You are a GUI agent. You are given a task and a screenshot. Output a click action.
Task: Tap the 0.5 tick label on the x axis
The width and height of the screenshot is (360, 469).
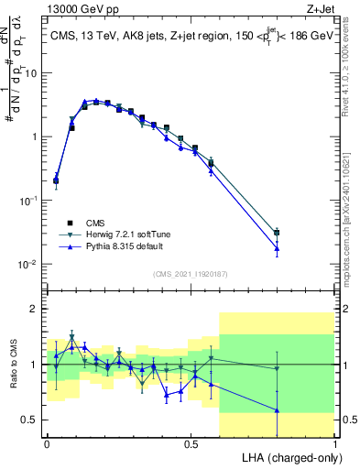click(191, 443)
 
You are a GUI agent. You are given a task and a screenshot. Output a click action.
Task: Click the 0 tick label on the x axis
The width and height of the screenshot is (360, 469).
click(47, 443)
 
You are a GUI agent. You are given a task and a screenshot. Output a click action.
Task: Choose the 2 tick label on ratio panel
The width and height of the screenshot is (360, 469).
click(34, 310)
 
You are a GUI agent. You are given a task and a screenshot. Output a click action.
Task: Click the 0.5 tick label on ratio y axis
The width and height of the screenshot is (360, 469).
click(30, 420)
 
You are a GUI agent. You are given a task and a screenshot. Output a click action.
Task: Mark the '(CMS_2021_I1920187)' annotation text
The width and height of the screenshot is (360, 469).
click(191, 273)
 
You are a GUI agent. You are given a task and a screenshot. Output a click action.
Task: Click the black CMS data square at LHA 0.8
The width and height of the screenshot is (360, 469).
click(277, 233)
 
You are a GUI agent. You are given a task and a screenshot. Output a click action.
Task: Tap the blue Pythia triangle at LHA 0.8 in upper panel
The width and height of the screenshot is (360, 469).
click(277, 248)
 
